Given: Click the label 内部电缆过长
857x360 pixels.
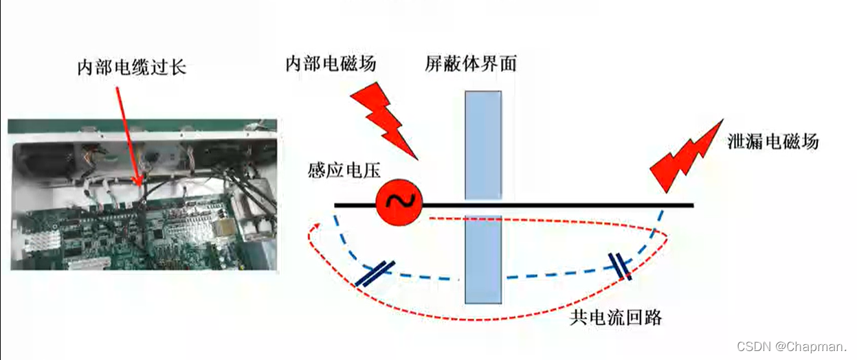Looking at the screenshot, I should pos(131,68).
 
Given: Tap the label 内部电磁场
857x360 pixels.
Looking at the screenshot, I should pos(331,64).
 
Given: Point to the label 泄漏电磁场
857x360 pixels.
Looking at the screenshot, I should pos(773,142).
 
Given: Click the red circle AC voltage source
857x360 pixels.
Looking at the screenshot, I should pos(399,200).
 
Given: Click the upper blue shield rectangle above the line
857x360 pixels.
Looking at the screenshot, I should pos(483,145).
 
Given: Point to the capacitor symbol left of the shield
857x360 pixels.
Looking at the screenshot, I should pos(375,273).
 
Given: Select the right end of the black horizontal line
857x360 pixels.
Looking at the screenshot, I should pos(692,205).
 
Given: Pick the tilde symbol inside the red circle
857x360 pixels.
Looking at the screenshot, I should pos(399,200).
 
